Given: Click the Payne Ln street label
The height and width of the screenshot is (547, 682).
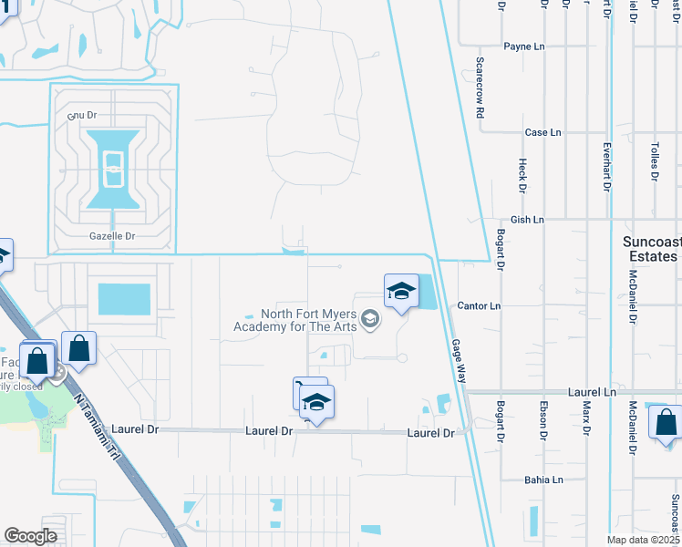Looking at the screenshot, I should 523,46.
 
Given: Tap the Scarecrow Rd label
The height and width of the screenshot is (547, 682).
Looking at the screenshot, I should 479,88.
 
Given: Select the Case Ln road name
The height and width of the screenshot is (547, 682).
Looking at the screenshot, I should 542,132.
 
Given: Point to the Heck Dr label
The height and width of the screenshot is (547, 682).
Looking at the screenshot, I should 523,176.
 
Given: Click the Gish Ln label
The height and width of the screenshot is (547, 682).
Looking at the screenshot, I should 527,220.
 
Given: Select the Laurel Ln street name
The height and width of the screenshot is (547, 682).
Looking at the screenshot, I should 592,392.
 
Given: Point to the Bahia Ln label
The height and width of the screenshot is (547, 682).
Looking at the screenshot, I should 543,480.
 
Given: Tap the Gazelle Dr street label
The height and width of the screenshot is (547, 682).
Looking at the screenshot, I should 112,236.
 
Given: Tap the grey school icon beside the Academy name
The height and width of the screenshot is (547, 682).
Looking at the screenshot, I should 369,318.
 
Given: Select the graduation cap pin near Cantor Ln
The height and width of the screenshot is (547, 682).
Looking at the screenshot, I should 401,292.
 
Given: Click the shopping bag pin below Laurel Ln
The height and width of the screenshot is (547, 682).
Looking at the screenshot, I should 665,423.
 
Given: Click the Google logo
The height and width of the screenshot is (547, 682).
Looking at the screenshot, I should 30,536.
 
